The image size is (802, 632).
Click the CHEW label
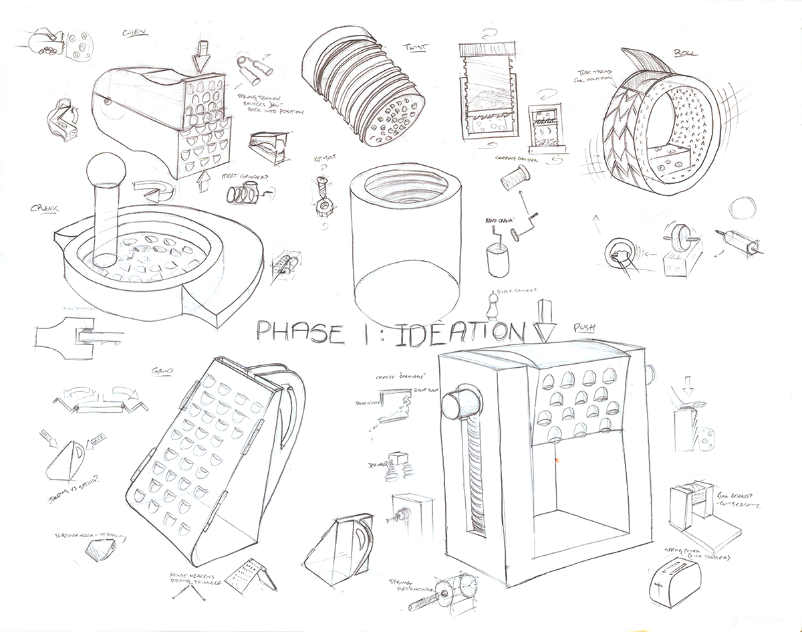click(135, 33)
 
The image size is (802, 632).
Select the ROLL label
click(684, 52)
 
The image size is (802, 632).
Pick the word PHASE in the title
click(300, 332)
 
